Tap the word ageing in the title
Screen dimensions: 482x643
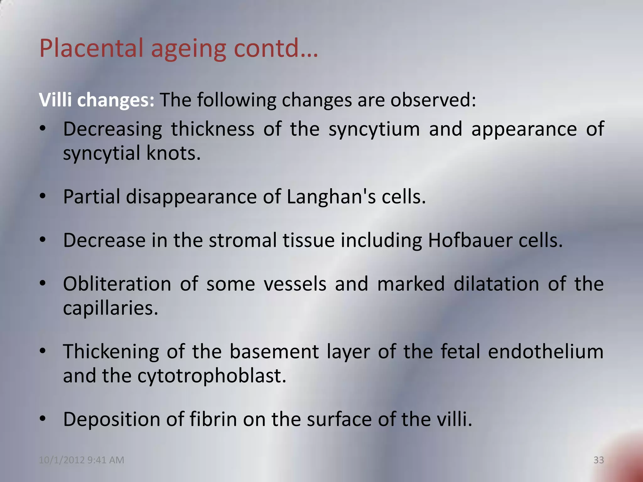point(188,50)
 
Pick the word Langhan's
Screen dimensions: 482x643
point(331,197)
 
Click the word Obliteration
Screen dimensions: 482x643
point(117,284)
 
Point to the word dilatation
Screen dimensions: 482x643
point(496,284)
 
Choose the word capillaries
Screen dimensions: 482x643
point(110,308)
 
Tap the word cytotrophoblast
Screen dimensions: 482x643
point(212,376)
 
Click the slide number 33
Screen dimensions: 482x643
point(598,460)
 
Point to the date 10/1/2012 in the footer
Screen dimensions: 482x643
point(62,460)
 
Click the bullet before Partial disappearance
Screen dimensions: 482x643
point(43,197)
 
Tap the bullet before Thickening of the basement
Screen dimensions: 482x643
point(43,351)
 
